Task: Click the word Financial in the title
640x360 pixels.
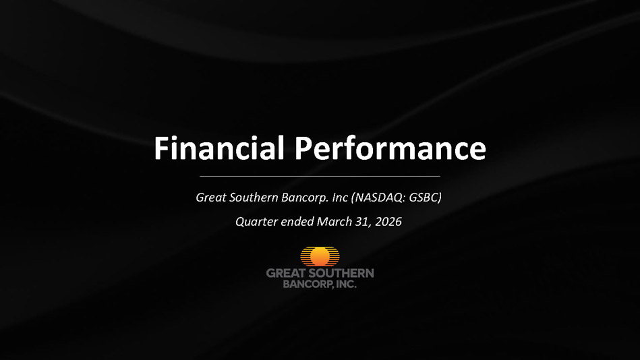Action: (219, 148)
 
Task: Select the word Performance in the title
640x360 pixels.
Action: (390, 148)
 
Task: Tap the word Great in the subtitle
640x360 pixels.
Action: (211, 198)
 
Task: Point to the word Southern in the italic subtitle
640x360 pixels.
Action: (254, 198)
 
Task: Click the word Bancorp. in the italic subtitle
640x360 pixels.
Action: (305, 198)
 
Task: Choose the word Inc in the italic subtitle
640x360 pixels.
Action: (340, 198)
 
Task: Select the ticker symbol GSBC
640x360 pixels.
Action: (424, 198)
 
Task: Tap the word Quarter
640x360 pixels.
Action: (256, 222)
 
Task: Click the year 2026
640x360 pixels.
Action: (388, 222)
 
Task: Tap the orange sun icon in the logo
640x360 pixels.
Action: (320, 256)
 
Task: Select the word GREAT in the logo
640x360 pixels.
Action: (286, 273)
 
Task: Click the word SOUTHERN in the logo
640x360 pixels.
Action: (341, 273)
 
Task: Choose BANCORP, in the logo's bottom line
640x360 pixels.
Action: (308, 284)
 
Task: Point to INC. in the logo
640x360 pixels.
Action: (346, 284)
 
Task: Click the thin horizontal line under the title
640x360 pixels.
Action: (320, 176)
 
